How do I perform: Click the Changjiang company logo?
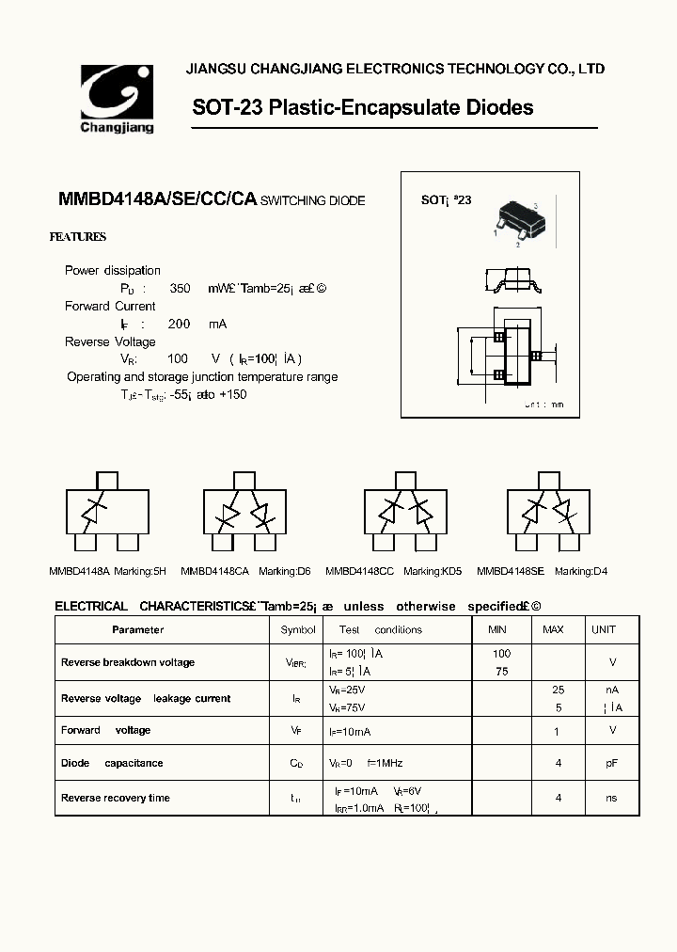point(117,98)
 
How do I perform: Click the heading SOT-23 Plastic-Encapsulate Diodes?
point(362,107)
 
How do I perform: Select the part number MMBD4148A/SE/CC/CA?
point(157,199)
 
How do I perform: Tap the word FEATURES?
point(77,237)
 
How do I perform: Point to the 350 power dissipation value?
point(180,289)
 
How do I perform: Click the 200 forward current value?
point(178,324)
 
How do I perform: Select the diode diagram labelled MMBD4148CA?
point(243,512)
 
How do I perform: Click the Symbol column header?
point(298,629)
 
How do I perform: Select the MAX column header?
point(554,629)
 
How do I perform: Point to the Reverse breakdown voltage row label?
point(128,662)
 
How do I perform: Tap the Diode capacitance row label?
point(112,763)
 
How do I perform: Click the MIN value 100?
point(501,654)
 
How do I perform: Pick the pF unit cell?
point(611,763)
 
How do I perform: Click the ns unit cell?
point(611,798)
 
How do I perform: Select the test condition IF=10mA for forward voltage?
point(350,731)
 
